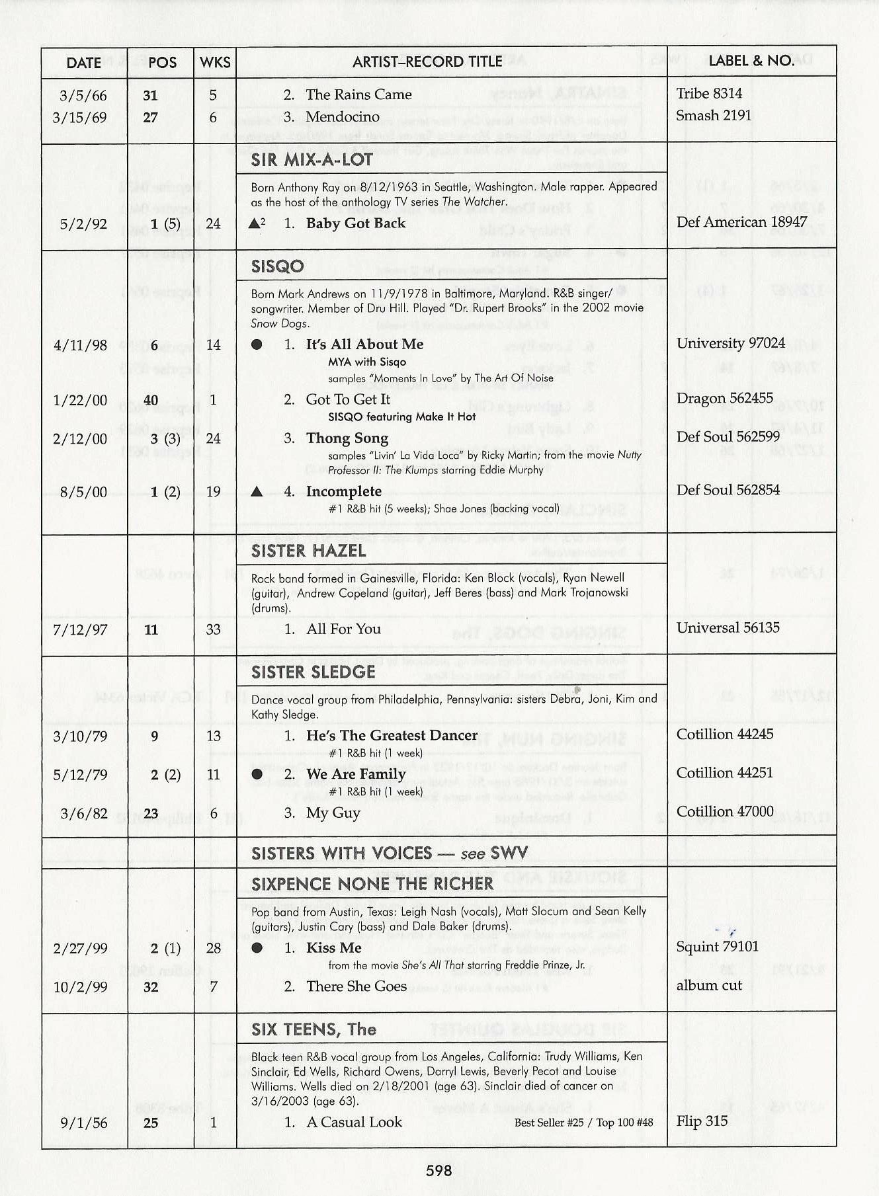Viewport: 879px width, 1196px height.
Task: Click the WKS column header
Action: pyautogui.click(x=215, y=63)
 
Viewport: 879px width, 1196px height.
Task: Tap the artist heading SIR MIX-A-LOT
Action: pyautogui.click(x=311, y=160)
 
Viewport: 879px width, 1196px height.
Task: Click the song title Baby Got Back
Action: pyautogui.click(x=356, y=223)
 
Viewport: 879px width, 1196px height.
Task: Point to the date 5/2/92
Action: pyautogui.click(x=83, y=224)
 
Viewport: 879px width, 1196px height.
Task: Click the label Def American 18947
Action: pyautogui.click(x=741, y=222)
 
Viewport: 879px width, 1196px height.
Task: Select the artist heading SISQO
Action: pyautogui.click(x=277, y=266)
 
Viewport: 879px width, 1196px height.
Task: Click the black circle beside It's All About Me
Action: pyautogui.click(x=257, y=344)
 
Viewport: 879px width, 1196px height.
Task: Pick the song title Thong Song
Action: pyautogui.click(x=347, y=438)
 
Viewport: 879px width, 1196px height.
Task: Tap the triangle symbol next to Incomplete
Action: pyautogui.click(x=257, y=492)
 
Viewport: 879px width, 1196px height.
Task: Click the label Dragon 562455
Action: pyautogui.click(x=724, y=398)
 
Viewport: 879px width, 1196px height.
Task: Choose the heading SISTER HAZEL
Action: pyautogui.click(x=308, y=551)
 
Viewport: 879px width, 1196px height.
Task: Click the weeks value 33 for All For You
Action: pyautogui.click(x=213, y=629)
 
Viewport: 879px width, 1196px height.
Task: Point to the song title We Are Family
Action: pyautogui.click(x=356, y=774)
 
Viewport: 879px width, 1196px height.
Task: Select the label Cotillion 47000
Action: pyautogui.click(x=724, y=811)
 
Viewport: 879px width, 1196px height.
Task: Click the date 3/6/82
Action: pyautogui.click(x=83, y=813)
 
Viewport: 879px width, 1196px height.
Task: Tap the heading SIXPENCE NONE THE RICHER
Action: pyautogui.click(x=372, y=884)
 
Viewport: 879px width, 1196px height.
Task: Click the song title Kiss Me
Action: pyautogui.click(x=334, y=948)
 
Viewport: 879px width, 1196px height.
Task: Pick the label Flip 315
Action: pyautogui.click(x=702, y=1121)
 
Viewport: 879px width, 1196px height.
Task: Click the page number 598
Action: pyautogui.click(x=439, y=1171)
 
